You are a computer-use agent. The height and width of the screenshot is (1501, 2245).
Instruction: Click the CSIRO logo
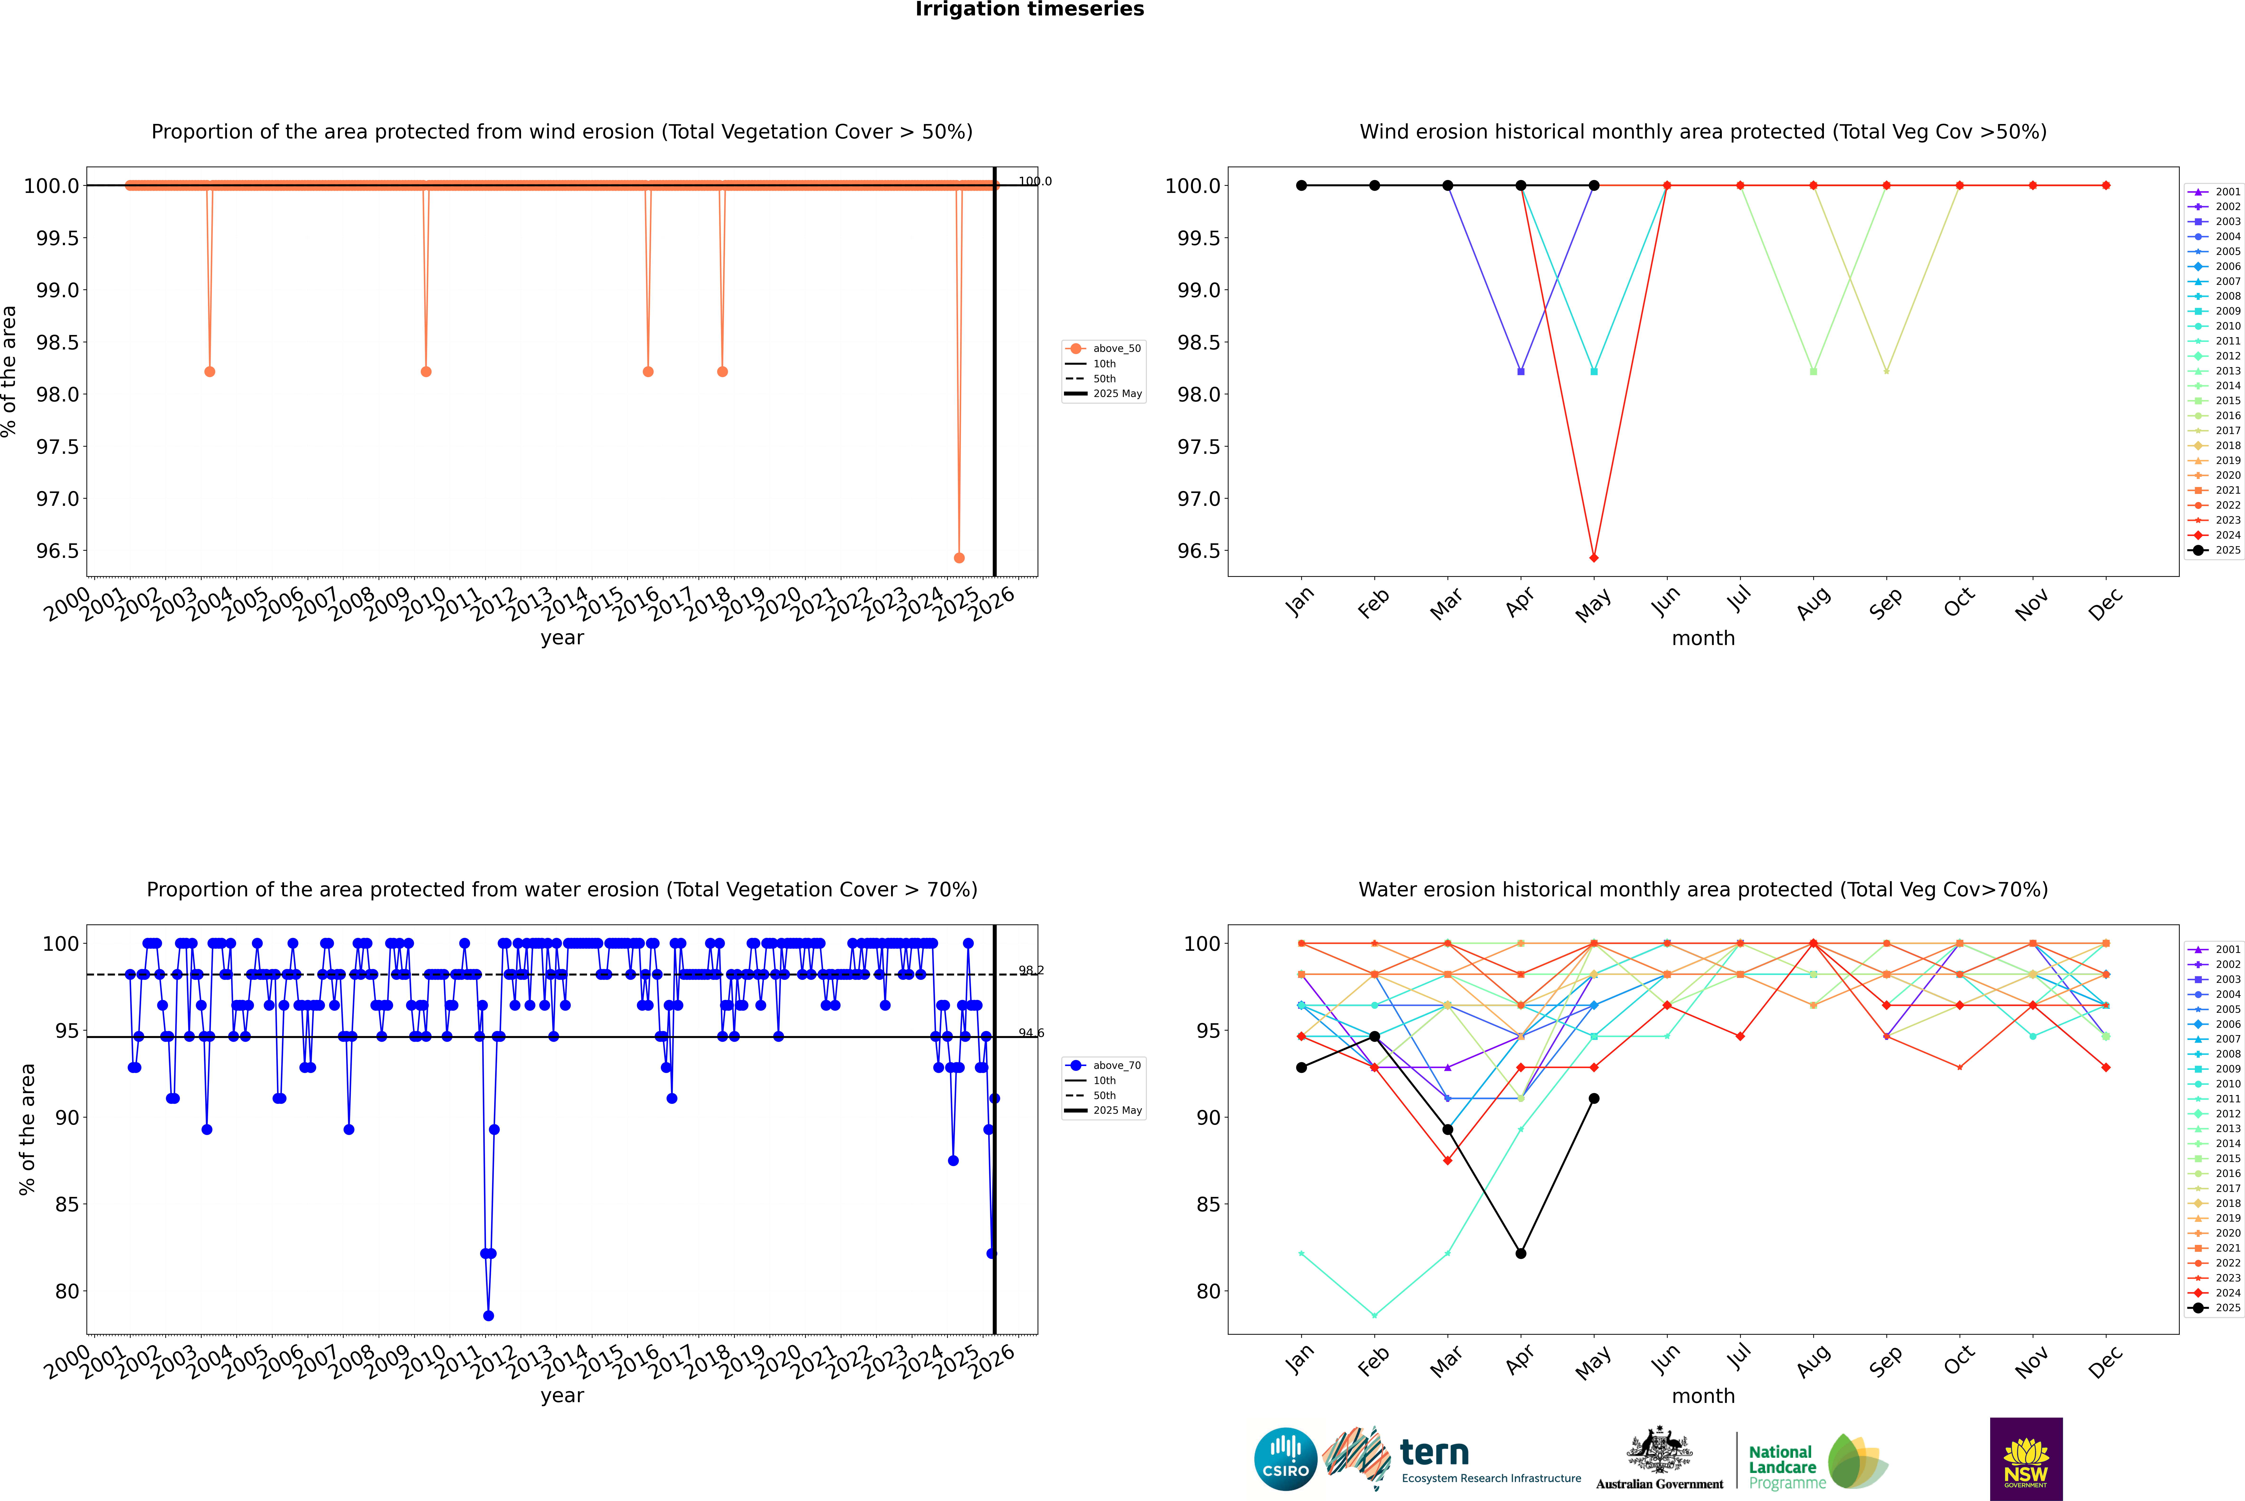(1285, 1459)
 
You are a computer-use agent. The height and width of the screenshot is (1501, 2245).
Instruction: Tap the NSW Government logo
(2026, 1459)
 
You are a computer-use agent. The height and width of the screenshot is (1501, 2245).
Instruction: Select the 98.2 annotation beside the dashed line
(1031, 971)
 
